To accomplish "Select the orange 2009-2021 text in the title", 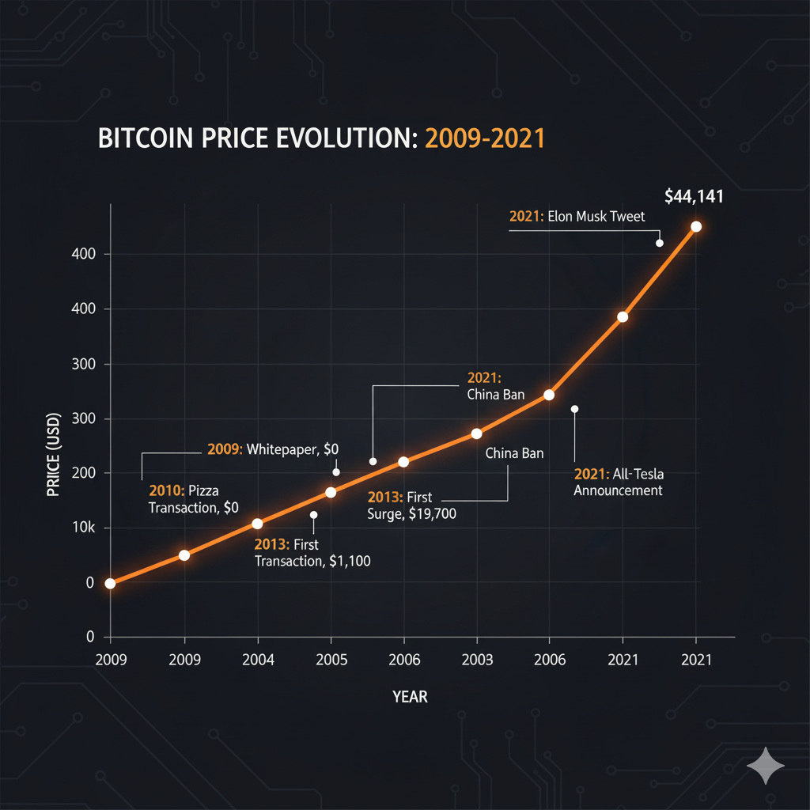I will [486, 138].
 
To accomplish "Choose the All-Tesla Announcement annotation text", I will [618, 483].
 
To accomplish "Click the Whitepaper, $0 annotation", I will [273, 449].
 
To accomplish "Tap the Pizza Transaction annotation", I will [194, 500].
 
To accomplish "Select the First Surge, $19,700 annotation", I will [411, 505].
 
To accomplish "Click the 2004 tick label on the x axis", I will [257, 660].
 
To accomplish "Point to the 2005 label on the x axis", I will [331, 660].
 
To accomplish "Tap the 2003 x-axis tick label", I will [477, 660].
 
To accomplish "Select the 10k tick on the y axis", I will [81, 528].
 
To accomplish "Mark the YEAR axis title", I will [410, 697].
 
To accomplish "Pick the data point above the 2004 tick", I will [257, 524].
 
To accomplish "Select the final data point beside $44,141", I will [696, 226].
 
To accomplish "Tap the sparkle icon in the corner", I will [766, 766].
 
